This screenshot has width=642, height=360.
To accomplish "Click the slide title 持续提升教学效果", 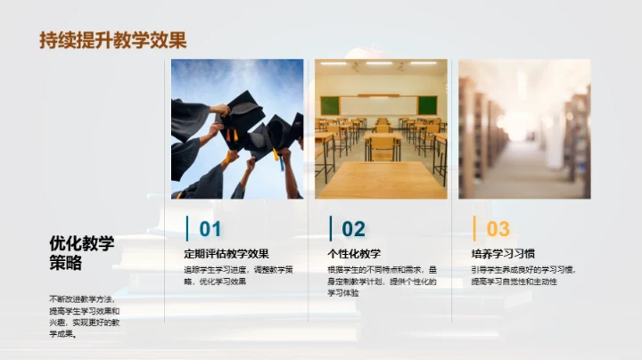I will [113, 40].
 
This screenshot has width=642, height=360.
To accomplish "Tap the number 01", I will [210, 229].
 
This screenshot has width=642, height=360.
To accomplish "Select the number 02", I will [353, 229].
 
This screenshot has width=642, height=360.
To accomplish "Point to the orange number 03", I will [498, 229].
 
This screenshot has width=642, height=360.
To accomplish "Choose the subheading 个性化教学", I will [354, 254].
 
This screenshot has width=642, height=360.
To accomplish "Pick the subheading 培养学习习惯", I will [503, 254].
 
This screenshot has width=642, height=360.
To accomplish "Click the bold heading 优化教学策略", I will [82, 252].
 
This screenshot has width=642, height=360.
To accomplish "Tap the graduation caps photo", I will [237, 128].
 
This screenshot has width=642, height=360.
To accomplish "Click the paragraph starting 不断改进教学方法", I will [84, 316].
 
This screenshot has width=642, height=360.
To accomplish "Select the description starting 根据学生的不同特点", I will [382, 280].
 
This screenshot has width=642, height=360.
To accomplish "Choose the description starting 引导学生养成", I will [523, 274].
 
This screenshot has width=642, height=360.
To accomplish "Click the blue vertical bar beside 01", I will [187, 228].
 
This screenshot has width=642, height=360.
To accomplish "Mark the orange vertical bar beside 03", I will [474, 228].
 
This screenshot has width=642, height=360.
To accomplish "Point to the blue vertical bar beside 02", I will [331, 228].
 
